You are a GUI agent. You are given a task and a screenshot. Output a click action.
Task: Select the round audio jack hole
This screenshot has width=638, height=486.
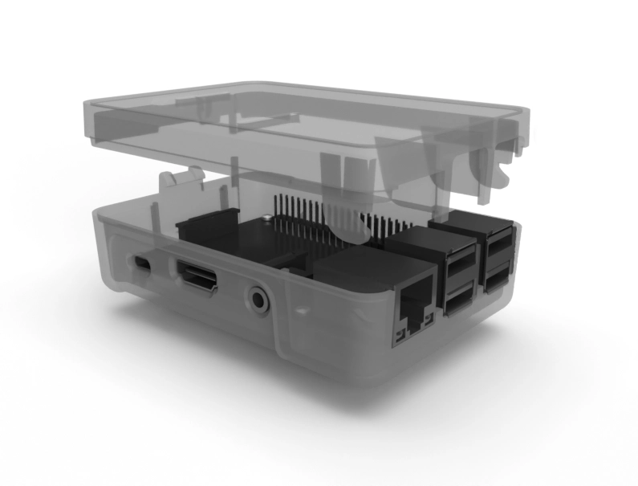[x=258, y=300]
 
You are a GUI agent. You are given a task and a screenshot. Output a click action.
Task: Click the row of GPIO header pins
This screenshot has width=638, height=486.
[x=321, y=212]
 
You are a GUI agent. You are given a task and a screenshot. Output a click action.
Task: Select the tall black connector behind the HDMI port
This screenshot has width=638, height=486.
[x=207, y=229]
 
